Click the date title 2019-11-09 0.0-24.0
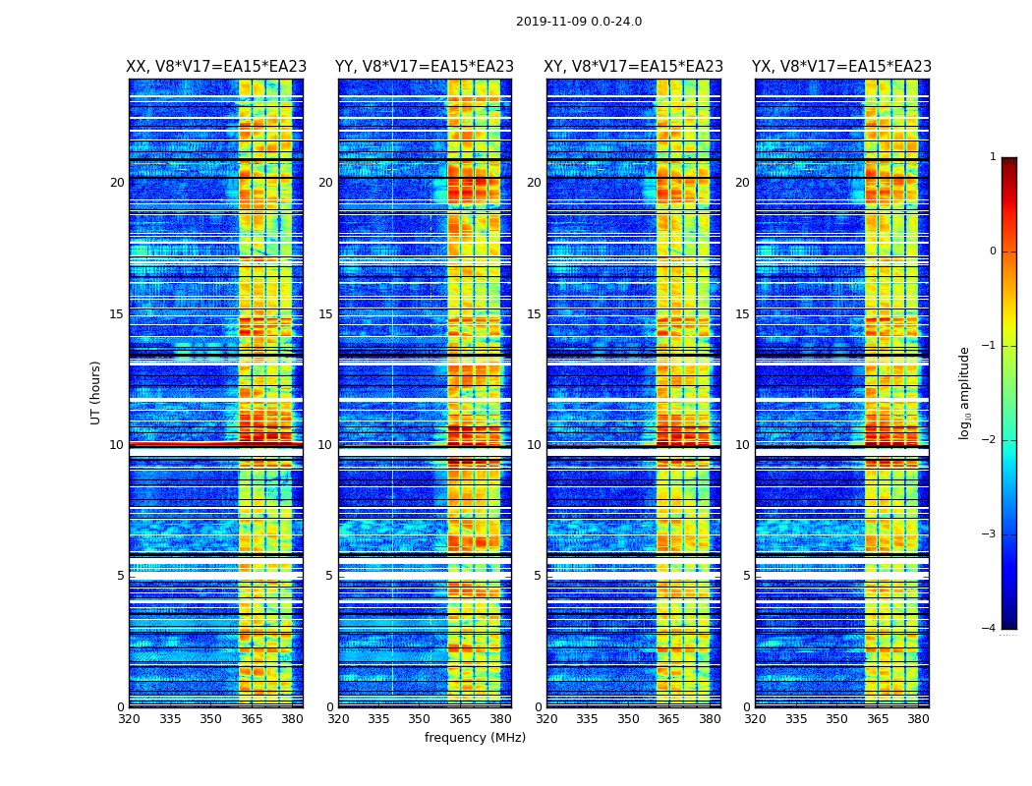(579, 22)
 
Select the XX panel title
(216, 67)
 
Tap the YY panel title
(425, 67)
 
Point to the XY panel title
(634, 67)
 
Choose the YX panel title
(841, 67)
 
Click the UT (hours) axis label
(96, 392)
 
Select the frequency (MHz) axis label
(475, 738)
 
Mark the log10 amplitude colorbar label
(965, 392)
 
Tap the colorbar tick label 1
(993, 157)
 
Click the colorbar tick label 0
(993, 252)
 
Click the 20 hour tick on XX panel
(117, 183)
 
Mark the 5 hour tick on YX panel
(746, 576)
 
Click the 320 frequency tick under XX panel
(129, 719)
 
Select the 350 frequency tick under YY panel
(420, 719)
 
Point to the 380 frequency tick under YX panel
(918, 719)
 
